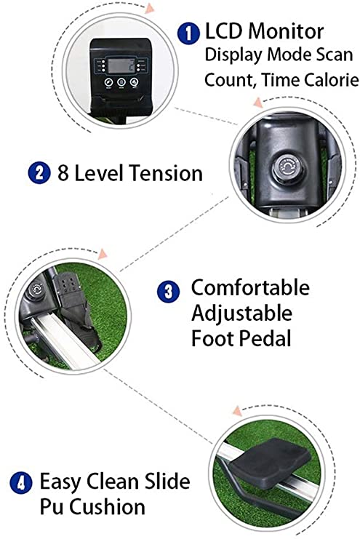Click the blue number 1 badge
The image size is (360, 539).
click(x=188, y=33)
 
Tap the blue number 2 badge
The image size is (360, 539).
click(x=39, y=172)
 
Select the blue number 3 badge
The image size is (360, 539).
click(x=168, y=292)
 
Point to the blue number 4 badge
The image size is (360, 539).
click(x=21, y=483)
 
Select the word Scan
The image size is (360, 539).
click(x=335, y=55)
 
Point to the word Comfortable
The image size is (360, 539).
click(x=250, y=288)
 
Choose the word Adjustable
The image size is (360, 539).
click(x=241, y=314)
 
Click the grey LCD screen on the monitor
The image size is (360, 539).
click(x=121, y=65)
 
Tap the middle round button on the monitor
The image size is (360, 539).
click(x=121, y=82)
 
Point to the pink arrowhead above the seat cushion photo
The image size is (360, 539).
click(x=238, y=411)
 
